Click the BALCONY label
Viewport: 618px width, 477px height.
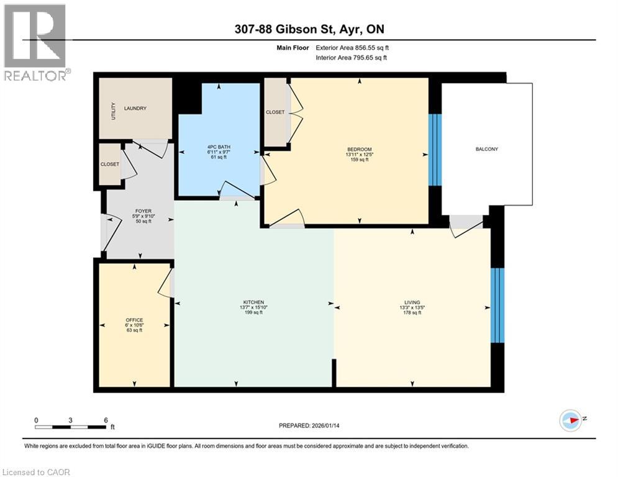(487, 149)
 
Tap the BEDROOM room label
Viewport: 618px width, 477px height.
(359, 149)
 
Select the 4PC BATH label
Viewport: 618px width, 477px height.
(218, 148)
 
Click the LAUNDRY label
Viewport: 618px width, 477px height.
(135, 109)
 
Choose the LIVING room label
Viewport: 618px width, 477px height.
(412, 302)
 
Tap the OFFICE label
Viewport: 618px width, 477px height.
(134, 320)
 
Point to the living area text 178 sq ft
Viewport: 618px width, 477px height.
(412, 313)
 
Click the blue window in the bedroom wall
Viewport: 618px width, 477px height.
(435, 150)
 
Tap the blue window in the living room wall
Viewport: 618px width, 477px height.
(497, 305)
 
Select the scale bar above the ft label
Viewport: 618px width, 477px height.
(70, 427)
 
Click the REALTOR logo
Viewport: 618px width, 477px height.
(35, 42)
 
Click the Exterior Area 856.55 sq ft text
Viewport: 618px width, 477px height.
(353, 47)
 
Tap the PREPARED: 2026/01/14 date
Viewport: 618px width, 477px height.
(310, 426)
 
